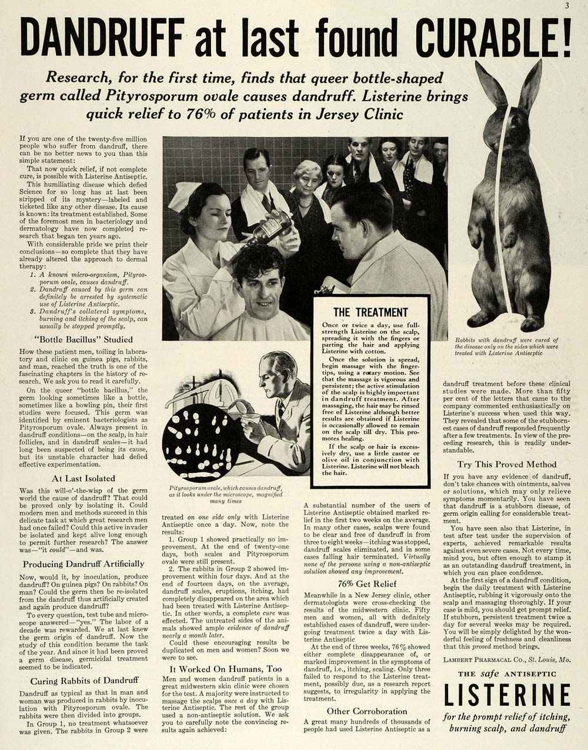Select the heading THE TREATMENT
click(370, 312)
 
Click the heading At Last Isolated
click(83, 478)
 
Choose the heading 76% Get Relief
click(367, 584)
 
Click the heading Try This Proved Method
click(506, 464)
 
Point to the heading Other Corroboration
click(367, 711)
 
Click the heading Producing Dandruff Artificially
click(83, 564)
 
